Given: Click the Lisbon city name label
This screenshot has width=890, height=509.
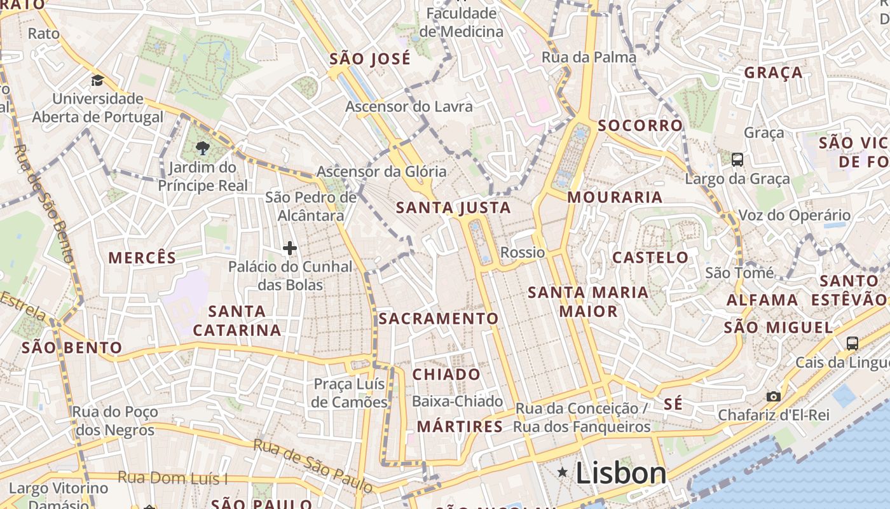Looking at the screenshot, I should point(621,473).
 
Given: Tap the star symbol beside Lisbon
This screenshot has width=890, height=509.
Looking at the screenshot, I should point(562,472).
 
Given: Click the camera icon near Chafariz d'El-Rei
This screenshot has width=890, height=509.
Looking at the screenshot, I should point(774,396).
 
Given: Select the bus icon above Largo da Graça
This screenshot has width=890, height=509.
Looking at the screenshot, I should point(737,159).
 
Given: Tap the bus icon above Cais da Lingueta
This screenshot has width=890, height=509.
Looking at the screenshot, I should point(852,344).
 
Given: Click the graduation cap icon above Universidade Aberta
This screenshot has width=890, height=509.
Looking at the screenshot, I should point(97,80).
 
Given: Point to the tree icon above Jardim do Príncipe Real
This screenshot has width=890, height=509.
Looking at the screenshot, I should point(203,148).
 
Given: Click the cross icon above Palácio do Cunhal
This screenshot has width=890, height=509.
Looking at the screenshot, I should point(290,248).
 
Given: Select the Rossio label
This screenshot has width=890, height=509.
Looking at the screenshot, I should point(523,253).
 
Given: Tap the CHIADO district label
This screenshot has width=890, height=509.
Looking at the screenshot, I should point(446,374).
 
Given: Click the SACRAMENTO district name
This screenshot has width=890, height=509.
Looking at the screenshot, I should point(439,318).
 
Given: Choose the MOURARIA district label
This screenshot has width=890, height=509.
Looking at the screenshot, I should point(615,197).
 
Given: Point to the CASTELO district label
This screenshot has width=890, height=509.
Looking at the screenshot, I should point(650,258).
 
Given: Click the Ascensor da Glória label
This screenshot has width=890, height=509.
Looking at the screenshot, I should point(381,171).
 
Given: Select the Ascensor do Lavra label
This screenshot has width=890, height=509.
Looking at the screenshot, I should point(409,106).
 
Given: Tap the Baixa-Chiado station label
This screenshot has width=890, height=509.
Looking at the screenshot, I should point(457,401).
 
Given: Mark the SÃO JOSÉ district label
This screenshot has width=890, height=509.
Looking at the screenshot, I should point(370,59).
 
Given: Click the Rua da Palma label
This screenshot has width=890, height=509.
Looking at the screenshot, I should point(589,57).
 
